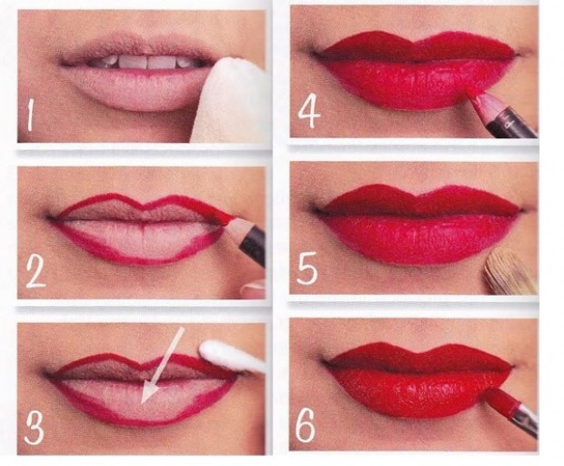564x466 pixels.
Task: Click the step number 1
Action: (x=30, y=115)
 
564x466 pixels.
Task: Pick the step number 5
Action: (x=307, y=268)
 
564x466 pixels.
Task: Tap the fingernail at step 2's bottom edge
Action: (x=254, y=289)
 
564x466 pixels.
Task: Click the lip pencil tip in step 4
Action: (x=475, y=96)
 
